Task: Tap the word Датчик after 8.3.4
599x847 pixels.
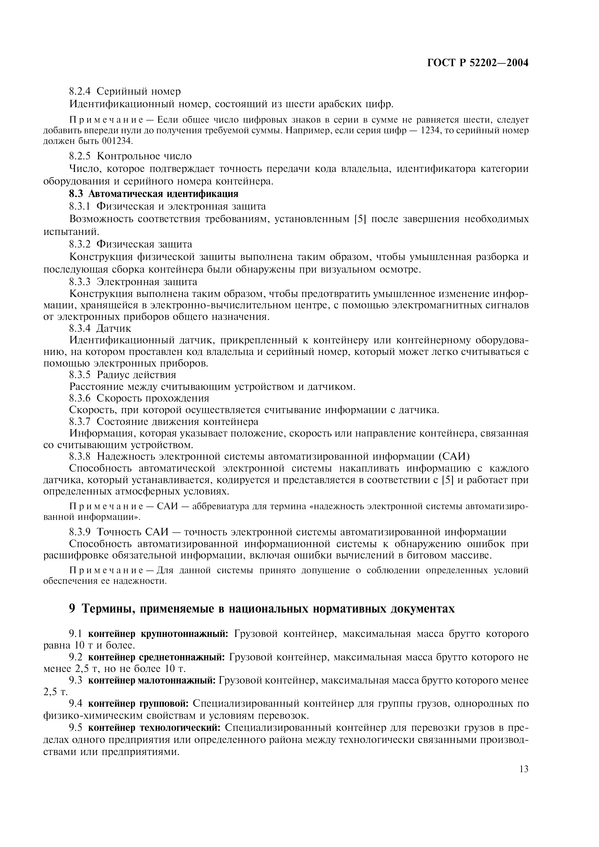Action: [x=114, y=328]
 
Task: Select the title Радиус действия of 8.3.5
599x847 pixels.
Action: [x=137, y=375]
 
